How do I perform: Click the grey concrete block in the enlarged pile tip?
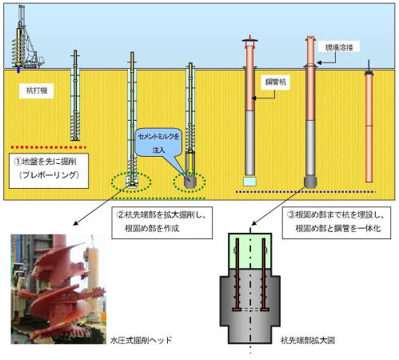pos(251,308)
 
